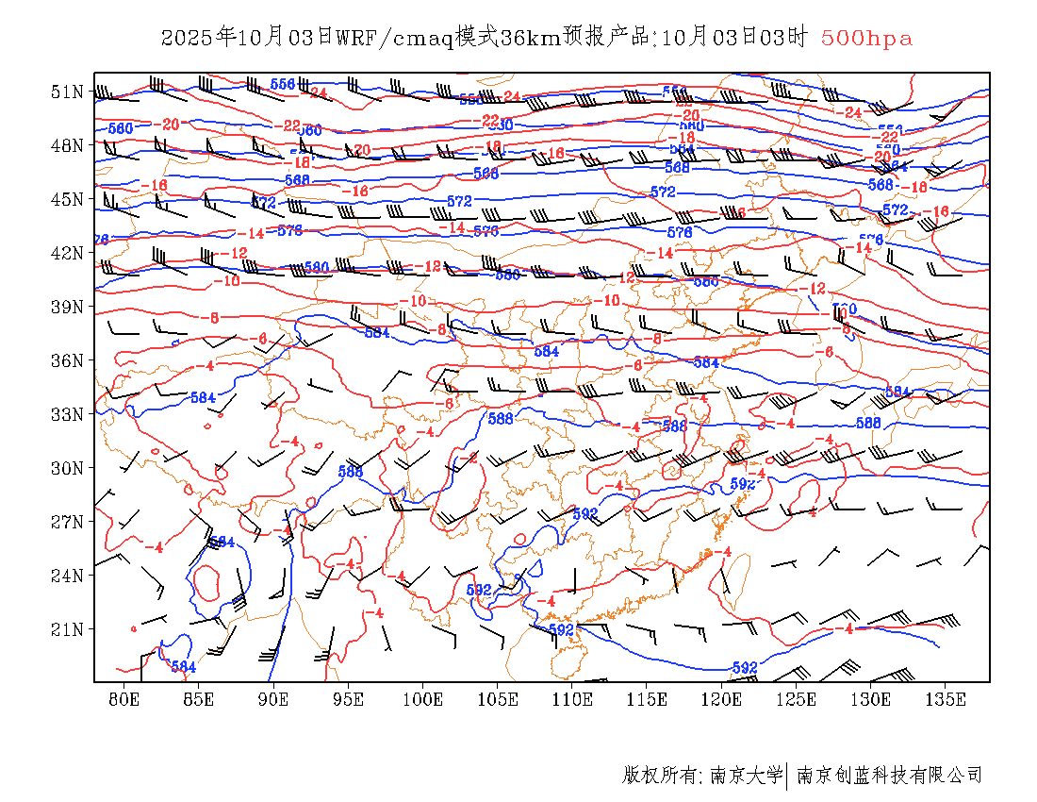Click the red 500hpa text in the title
click(866, 38)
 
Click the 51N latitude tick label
click(68, 92)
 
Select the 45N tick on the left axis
click(68, 199)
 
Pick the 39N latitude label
click(68, 307)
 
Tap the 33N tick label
click(68, 414)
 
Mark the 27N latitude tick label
click(68, 522)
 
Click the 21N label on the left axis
click(68, 629)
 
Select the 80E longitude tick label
click(124, 699)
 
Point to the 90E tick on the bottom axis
click(273, 699)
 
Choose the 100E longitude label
click(422, 699)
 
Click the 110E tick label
click(572, 699)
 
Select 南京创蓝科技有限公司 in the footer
click(890, 776)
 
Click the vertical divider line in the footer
click(787, 776)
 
